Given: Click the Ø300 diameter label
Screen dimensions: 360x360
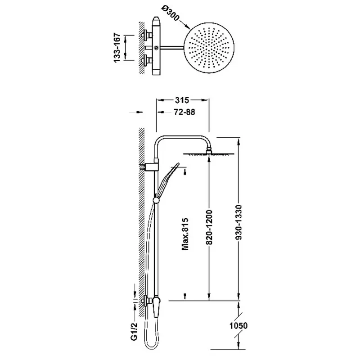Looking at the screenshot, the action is point(170,13).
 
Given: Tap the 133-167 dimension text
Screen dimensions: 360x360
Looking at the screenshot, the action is point(117,48).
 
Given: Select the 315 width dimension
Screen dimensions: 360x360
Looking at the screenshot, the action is point(182,100).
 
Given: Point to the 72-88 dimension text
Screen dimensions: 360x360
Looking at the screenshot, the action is point(184,112).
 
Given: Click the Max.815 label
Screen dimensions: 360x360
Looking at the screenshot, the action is point(185,234).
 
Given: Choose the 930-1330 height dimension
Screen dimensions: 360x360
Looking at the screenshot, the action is point(239,222).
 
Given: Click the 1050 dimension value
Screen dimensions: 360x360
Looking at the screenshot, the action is point(238,325).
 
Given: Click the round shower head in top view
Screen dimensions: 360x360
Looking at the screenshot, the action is point(209,48).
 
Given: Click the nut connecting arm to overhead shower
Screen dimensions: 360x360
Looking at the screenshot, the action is point(209,150).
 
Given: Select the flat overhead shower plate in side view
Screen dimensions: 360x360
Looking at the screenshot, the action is point(209,154).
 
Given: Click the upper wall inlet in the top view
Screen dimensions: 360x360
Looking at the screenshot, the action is point(148,35).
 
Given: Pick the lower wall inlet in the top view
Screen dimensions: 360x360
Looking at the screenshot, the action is point(148,61).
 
